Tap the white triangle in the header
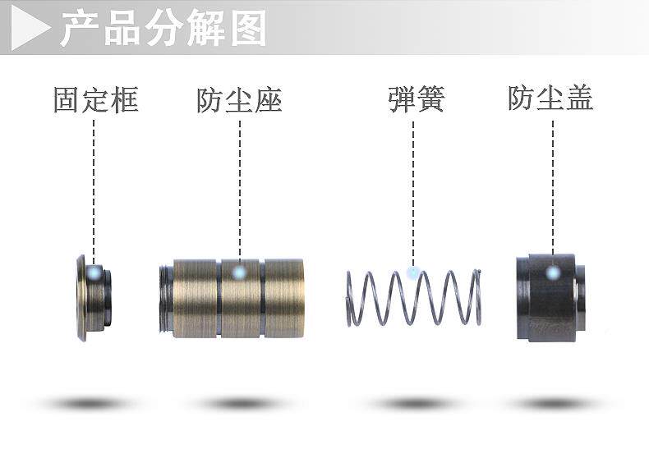coord(32,30)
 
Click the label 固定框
coord(95,100)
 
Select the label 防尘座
coord(239,100)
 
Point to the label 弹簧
coord(416,100)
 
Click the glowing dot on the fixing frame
coord(95,272)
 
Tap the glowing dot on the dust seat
coord(239,272)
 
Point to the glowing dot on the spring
coord(413,270)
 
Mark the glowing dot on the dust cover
coord(553,272)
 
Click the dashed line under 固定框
coord(94,189)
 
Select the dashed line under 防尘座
coord(240,189)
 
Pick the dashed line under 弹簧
coord(413,189)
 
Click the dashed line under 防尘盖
coord(553,189)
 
